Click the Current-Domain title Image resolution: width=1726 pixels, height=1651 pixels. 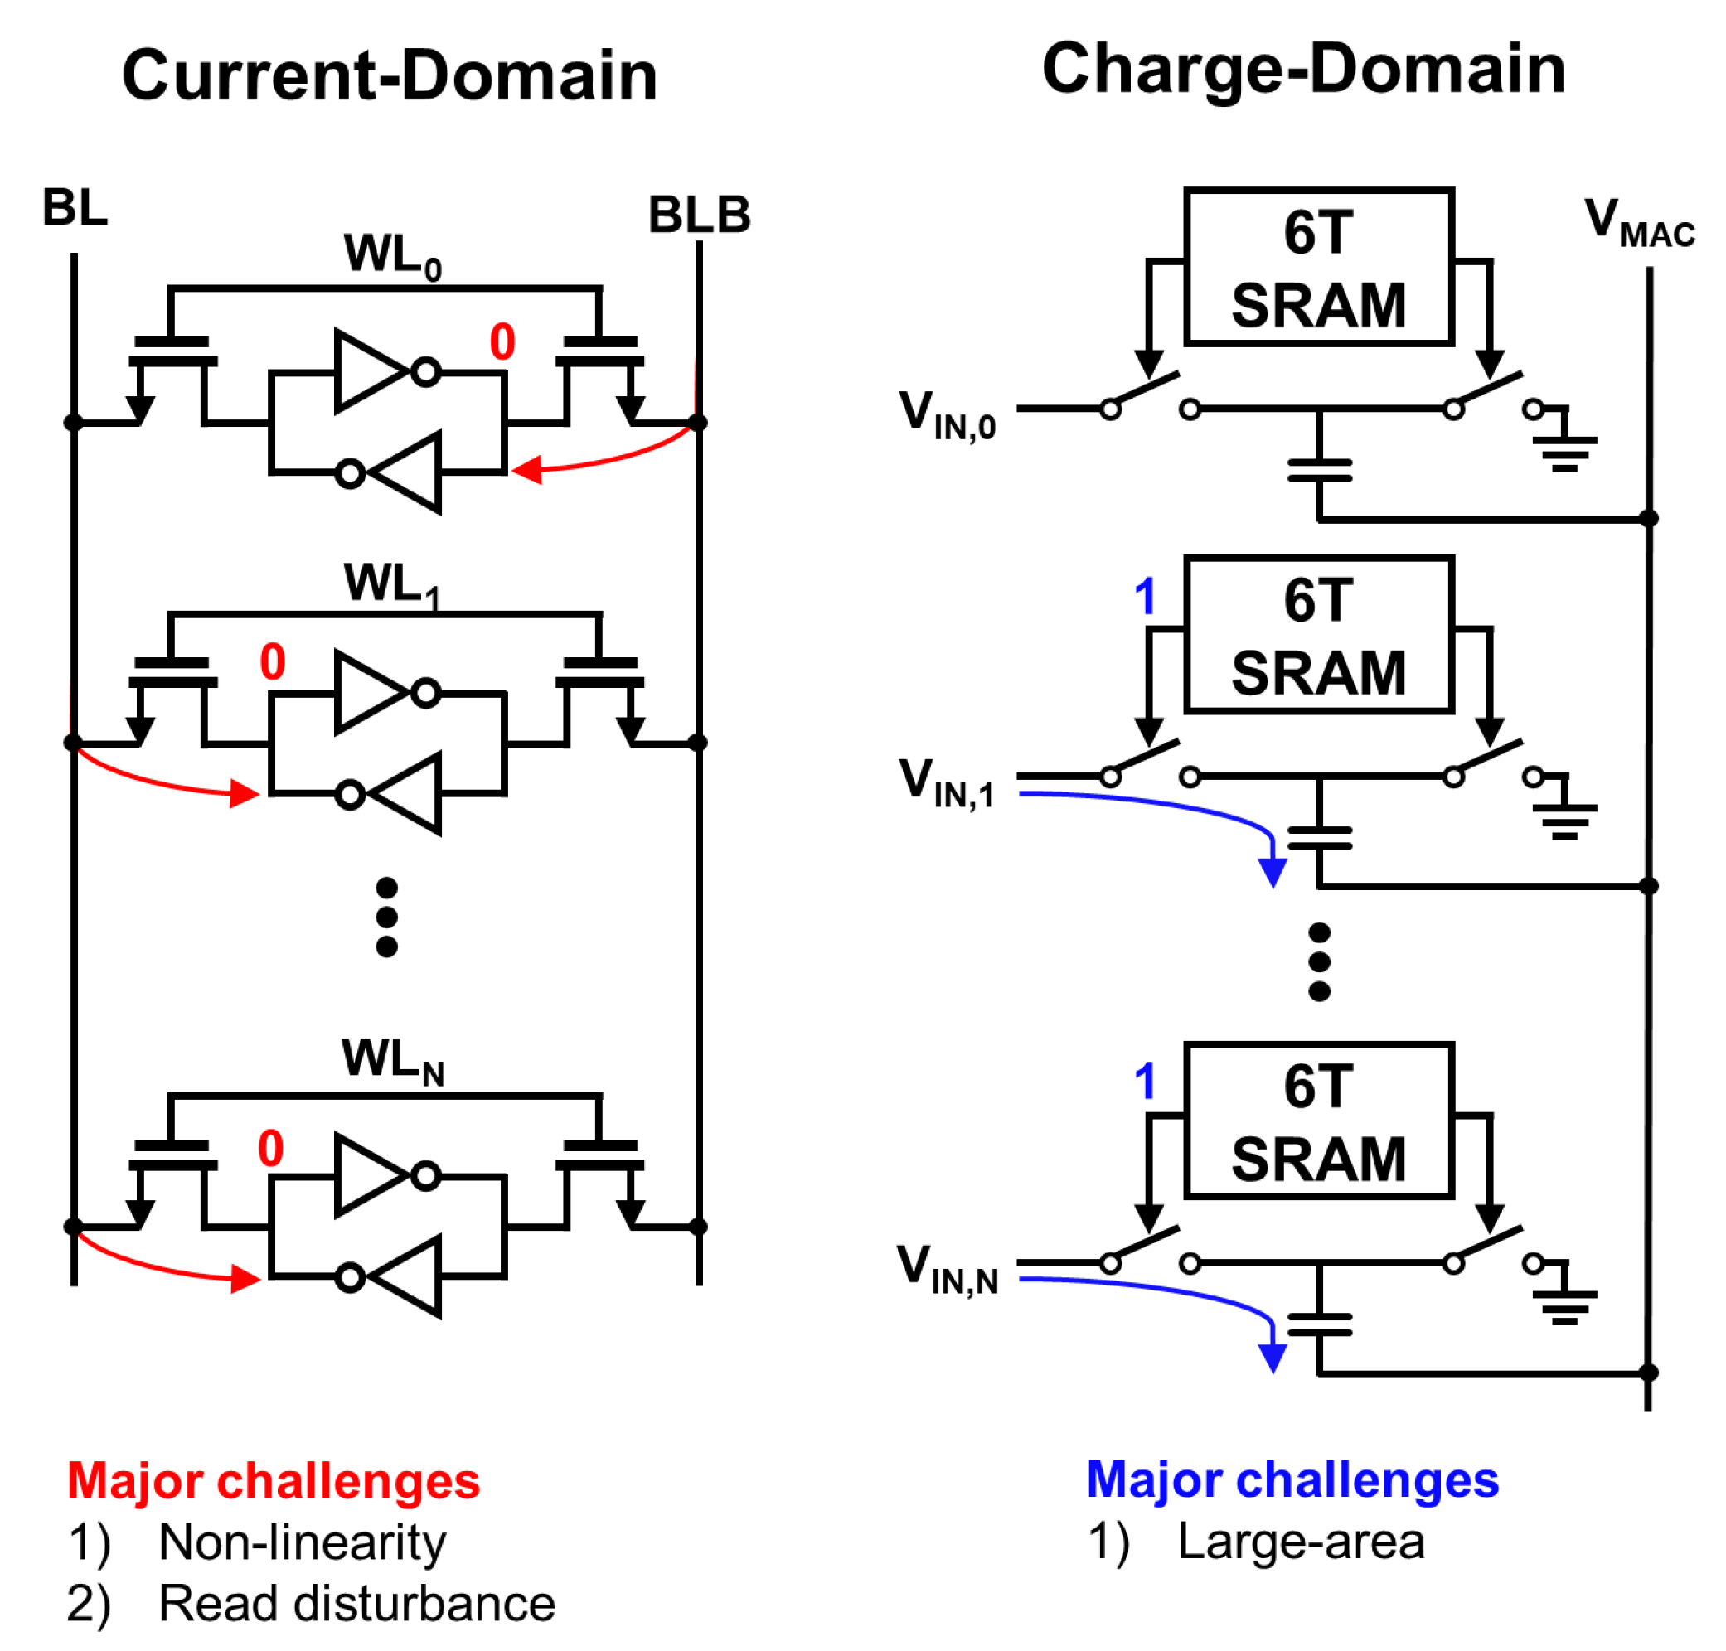pos(389,76)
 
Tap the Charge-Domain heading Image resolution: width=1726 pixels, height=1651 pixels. pos(1302,70)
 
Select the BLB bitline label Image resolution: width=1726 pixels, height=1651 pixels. pos(699,215)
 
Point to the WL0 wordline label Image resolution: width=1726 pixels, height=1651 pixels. pos(391,256)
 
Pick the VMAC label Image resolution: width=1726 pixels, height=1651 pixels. pos(1638,222)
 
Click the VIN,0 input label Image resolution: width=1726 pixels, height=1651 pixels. pos(946,414)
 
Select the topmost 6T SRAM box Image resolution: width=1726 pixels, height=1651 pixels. pos(1317,267)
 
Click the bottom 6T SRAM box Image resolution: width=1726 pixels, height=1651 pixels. pos(1317,1121)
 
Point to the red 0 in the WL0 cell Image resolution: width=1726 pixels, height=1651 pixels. pos(502,341)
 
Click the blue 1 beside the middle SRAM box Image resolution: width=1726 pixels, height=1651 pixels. pos(1144,597)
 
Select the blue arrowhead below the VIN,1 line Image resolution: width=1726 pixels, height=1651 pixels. pos(1272,872)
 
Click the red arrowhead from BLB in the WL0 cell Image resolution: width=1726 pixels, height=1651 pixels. pos(526,469)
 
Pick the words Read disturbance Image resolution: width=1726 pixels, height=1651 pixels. pos(356,1604)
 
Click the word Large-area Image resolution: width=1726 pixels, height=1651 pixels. pos(1300,1542)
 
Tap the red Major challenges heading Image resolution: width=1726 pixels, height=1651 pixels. pos(274,1480)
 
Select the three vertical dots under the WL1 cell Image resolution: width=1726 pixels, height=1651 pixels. pos(386,916)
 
